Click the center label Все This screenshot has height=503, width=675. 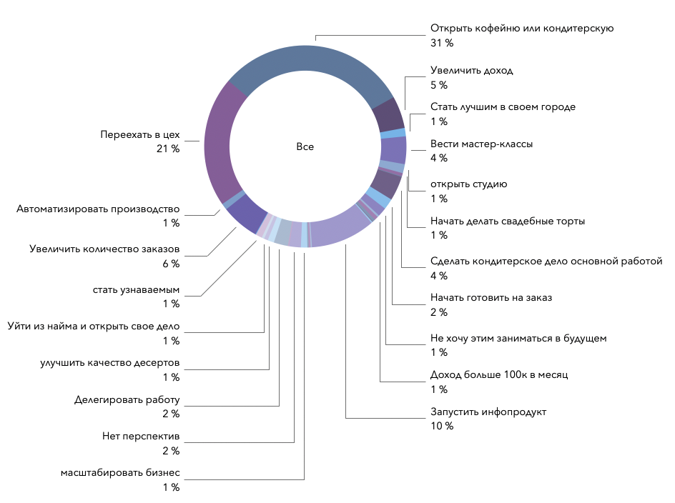pos(305,146)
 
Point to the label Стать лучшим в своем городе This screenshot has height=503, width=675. pos(503,107)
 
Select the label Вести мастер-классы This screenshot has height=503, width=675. pos(481,144)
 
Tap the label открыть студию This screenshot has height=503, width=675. pos(468,184)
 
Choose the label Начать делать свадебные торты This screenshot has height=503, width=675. pos(508,221)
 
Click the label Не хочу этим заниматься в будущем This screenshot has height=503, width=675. pos(518,338)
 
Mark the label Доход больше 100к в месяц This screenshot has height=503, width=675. pos(499,374)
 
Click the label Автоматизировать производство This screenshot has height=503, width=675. pos(98,209)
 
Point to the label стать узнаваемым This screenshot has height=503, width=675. pos(136,289)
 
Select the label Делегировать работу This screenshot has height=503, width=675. pos(127,399)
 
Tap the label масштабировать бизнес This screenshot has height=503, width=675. pos(120,473)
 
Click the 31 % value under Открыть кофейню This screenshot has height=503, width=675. pos(442,43)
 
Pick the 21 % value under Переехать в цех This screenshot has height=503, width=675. pos(168,149)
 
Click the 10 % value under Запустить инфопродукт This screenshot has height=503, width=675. pos(442,427)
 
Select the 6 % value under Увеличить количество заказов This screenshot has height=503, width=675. pos(170,264)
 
